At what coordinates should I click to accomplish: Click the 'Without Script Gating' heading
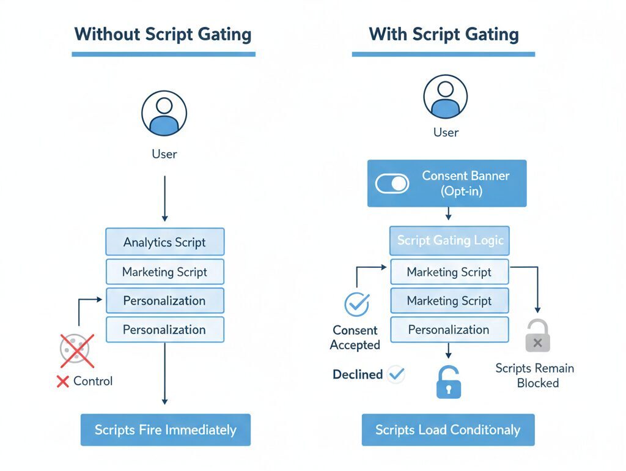[x=163, y=34]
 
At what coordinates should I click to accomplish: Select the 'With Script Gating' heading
[x=444, y=34]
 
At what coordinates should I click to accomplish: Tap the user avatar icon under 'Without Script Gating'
[x=164, y=113]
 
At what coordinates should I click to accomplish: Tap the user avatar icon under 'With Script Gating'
[x=445, y=96]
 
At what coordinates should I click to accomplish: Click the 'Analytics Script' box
[x=164, y=242]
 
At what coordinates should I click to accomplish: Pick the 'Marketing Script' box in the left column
[x=164, y=272]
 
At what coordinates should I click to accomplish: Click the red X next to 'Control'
[x=62, y=382]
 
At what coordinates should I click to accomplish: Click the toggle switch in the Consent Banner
[x=392, y=184]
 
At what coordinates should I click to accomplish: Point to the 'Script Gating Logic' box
[x=449, y=240]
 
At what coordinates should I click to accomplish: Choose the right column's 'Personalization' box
[x=449, y=330]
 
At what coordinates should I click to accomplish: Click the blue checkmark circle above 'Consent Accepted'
[x=357, y=304]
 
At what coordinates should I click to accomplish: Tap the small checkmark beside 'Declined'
[x=396, y=374]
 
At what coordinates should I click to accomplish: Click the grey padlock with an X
[x=537, y=336]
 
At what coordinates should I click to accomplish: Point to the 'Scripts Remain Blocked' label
[x=535, y=376]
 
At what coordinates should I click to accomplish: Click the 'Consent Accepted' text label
[x=355, y=338]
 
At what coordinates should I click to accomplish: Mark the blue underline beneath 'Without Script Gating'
[x=163, y=54]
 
